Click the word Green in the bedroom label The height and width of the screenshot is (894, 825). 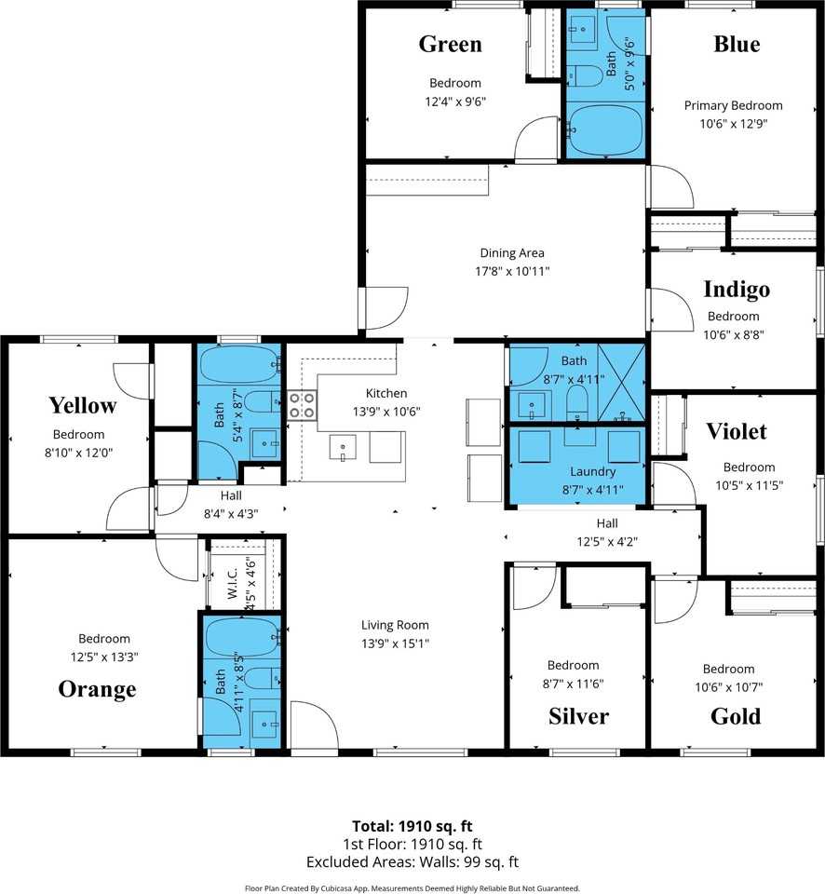tap(451, 45)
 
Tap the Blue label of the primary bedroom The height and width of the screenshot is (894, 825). tap(737, 45)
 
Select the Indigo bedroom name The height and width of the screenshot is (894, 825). tap(737, 290)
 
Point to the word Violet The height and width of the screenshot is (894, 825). tap(737, 431)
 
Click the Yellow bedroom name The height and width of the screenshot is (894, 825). tap(83, 406)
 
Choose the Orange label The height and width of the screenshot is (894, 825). tap(97, 689)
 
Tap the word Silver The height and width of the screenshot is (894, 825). tap(578, 716)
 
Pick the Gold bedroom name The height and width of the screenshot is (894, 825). tap(736, 716)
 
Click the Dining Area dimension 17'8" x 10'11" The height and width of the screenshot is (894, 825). tap(512, 271)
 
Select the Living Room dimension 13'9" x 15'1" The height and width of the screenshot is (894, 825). tap(395, 643)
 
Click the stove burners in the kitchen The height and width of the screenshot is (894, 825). tap(302, 405)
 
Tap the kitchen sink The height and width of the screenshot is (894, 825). tap(343, 448)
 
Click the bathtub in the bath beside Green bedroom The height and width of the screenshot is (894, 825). tap(605, 130)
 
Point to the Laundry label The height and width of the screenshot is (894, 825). tap(592, 472)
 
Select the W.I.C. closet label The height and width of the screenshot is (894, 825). tap(233, 582)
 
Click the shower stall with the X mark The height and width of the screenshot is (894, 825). tap(621, 382)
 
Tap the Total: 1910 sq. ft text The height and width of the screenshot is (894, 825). tap(412, 826)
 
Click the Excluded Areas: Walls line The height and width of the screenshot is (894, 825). tap(412, 862)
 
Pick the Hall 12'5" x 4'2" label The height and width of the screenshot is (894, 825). tap(607, 533)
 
